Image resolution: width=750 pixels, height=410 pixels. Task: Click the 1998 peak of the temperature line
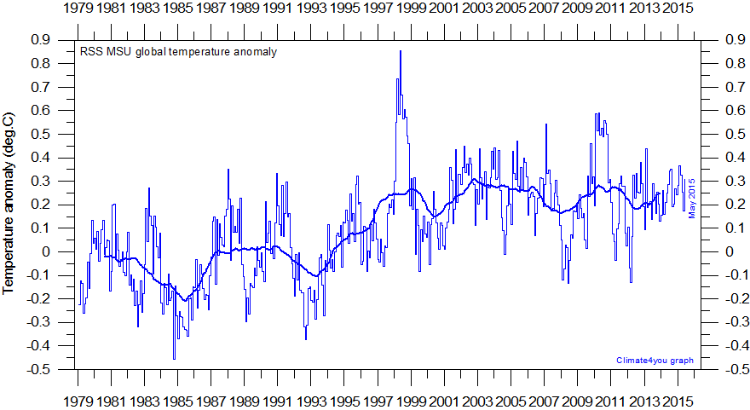[x=400, y=52]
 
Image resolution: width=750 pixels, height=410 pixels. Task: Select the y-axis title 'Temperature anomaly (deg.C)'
[x=10, y=202]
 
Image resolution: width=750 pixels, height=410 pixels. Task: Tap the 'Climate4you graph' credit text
[x=655, y=361]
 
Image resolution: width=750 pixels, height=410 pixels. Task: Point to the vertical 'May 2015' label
[x=692, y=198]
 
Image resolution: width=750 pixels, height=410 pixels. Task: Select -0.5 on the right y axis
[x=736, y=369]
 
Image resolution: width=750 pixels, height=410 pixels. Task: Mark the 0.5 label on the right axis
[x=734, y=134]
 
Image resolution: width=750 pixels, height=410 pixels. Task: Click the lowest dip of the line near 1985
[x=175, y=359]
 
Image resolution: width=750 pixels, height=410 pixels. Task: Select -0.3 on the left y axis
[x=37, y=322]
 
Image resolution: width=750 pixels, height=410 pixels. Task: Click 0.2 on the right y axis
[x=734, y=205]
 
